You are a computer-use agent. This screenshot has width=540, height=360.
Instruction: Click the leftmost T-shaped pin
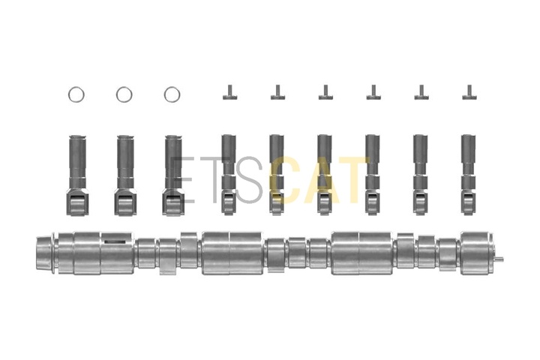tap(229, 93)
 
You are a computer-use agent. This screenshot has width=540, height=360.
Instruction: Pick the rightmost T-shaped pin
tap(469, 93)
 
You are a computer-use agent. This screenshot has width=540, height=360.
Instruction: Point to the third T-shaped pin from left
tap(325, 93)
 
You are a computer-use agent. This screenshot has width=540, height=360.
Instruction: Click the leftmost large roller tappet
tap(76, 175)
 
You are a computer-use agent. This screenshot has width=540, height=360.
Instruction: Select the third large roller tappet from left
tap(172, 175)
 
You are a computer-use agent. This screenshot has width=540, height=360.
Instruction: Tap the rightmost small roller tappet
tap(468, 175)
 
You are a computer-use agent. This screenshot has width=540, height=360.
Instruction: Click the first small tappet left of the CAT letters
tap(229, 175)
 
